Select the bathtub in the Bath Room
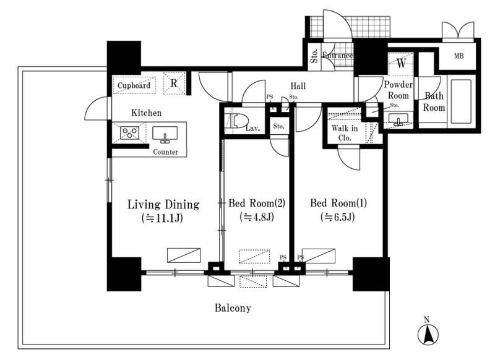461,101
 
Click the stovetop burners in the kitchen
130,133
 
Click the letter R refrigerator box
174,84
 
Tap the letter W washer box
401,64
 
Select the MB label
459,56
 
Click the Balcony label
233,307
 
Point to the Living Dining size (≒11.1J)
163,218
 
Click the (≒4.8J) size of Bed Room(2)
257,217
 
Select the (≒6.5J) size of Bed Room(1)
338,217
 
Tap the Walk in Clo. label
345,133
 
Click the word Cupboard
134,85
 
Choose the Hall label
298,86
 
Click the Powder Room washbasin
398,119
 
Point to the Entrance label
337,56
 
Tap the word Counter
166,152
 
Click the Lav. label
253,129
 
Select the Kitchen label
146,113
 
